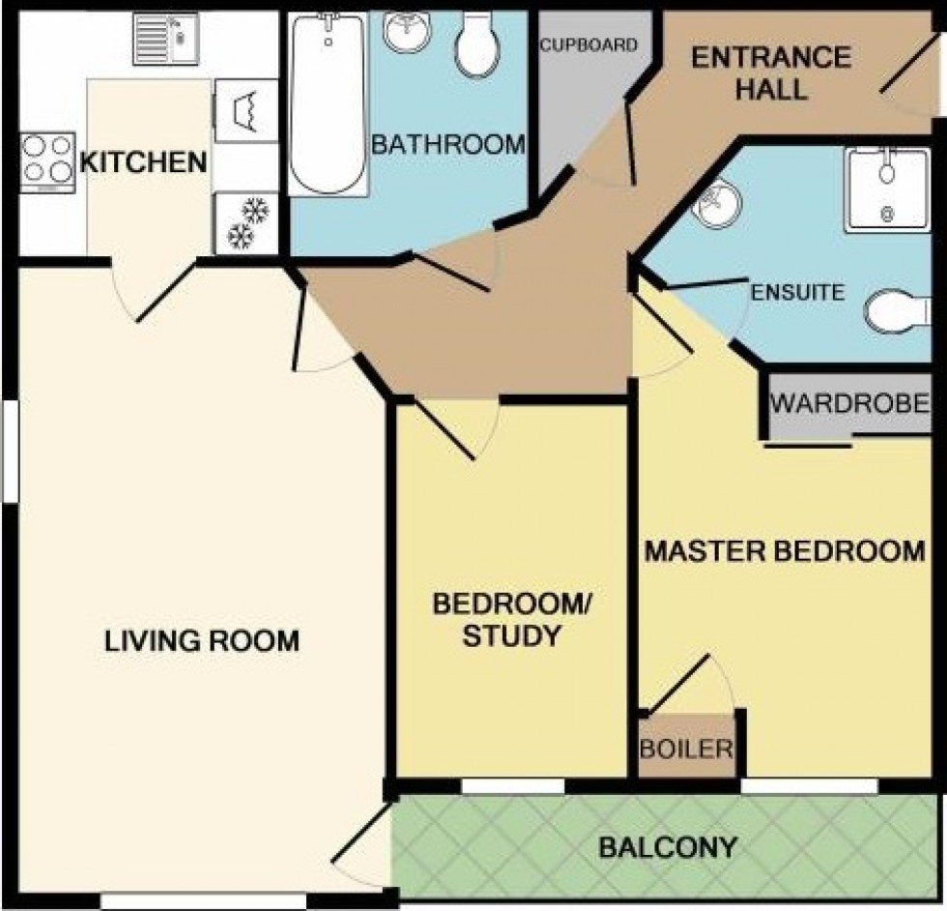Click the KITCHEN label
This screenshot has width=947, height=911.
coord(144,162)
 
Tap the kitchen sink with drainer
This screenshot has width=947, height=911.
coord(165,40)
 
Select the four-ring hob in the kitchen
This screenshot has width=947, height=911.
coord(47,162)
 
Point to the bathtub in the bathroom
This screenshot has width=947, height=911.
coord(328,104)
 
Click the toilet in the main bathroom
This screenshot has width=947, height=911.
coord(478,44)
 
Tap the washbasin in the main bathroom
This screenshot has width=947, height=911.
coord(407,32)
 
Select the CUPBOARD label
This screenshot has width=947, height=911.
coord(588,45)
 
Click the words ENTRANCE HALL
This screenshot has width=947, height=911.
coord(771,73)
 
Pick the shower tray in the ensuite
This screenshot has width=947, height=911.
coord(887,190)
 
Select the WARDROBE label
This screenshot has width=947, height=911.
coord(849,402)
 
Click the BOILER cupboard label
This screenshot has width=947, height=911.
coord(687,749)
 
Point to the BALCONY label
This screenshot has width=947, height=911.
coord(668,847)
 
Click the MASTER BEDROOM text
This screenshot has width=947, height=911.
coord(785,551)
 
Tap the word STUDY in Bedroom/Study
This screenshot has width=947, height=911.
coord(511,636)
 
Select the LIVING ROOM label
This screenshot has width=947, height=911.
coord(202,641)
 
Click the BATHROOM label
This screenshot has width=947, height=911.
coord(448,144)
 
